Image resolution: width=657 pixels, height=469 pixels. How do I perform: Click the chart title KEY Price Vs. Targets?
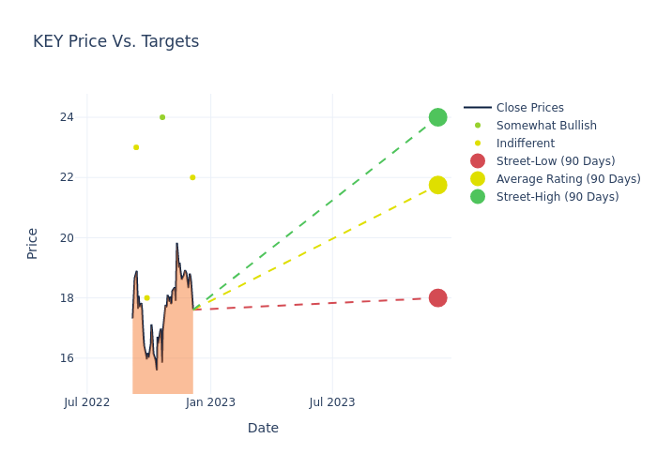pyautogui.click(x=115, y=41)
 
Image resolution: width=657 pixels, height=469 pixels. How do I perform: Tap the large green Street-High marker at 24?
pyautogui.click(x=437, y=117)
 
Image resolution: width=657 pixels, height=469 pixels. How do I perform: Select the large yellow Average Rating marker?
pyautogui.click(x=437, y=185)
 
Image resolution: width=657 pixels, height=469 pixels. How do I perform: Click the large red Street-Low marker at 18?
pyautogui.click(x=437, y=297)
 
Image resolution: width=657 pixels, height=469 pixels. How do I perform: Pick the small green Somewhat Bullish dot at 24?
pyautogui.click(x=162, y=117)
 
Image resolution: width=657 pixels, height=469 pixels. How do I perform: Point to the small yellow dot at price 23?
pyautogui.click(x=136, y=147)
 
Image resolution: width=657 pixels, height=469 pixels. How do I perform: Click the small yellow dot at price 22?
pyautogui.click(x=192, y=177)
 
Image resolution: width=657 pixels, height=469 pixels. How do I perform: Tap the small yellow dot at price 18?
pyautogui.click(x=146, y=297)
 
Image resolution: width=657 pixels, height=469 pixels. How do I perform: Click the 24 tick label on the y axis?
pyautogui.click(x=66, y=117)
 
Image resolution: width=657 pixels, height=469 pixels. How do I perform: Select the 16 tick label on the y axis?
pyautogui.click(x=66, y=358)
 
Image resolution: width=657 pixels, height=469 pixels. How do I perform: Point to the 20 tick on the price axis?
pyautogui.click(x=66, y=237)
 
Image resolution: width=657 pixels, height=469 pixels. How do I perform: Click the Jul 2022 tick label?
pyautogui.click(x=87, y=402)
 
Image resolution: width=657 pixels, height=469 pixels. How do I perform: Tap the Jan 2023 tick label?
pyautogui.click(x=210, y=402)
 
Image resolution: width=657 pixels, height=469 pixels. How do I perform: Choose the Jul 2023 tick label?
pyautogui.click(x=332, y=402)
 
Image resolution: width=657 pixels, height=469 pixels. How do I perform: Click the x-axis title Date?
pyautogui.click(x=263, y=428)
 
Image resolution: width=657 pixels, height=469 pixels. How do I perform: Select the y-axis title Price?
pyautogui.click(x=33, y=243)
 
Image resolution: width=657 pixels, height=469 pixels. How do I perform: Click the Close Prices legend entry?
pyautogui.click(x=529, y=108)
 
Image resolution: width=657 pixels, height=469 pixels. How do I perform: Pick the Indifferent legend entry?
pyautogui.click(x=525, y=144)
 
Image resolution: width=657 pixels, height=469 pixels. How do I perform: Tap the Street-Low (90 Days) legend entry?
pyautogui.click(x=556, y=161)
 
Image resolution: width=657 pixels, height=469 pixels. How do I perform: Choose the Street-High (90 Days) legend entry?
pyautogui.click(x=558, y=197)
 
